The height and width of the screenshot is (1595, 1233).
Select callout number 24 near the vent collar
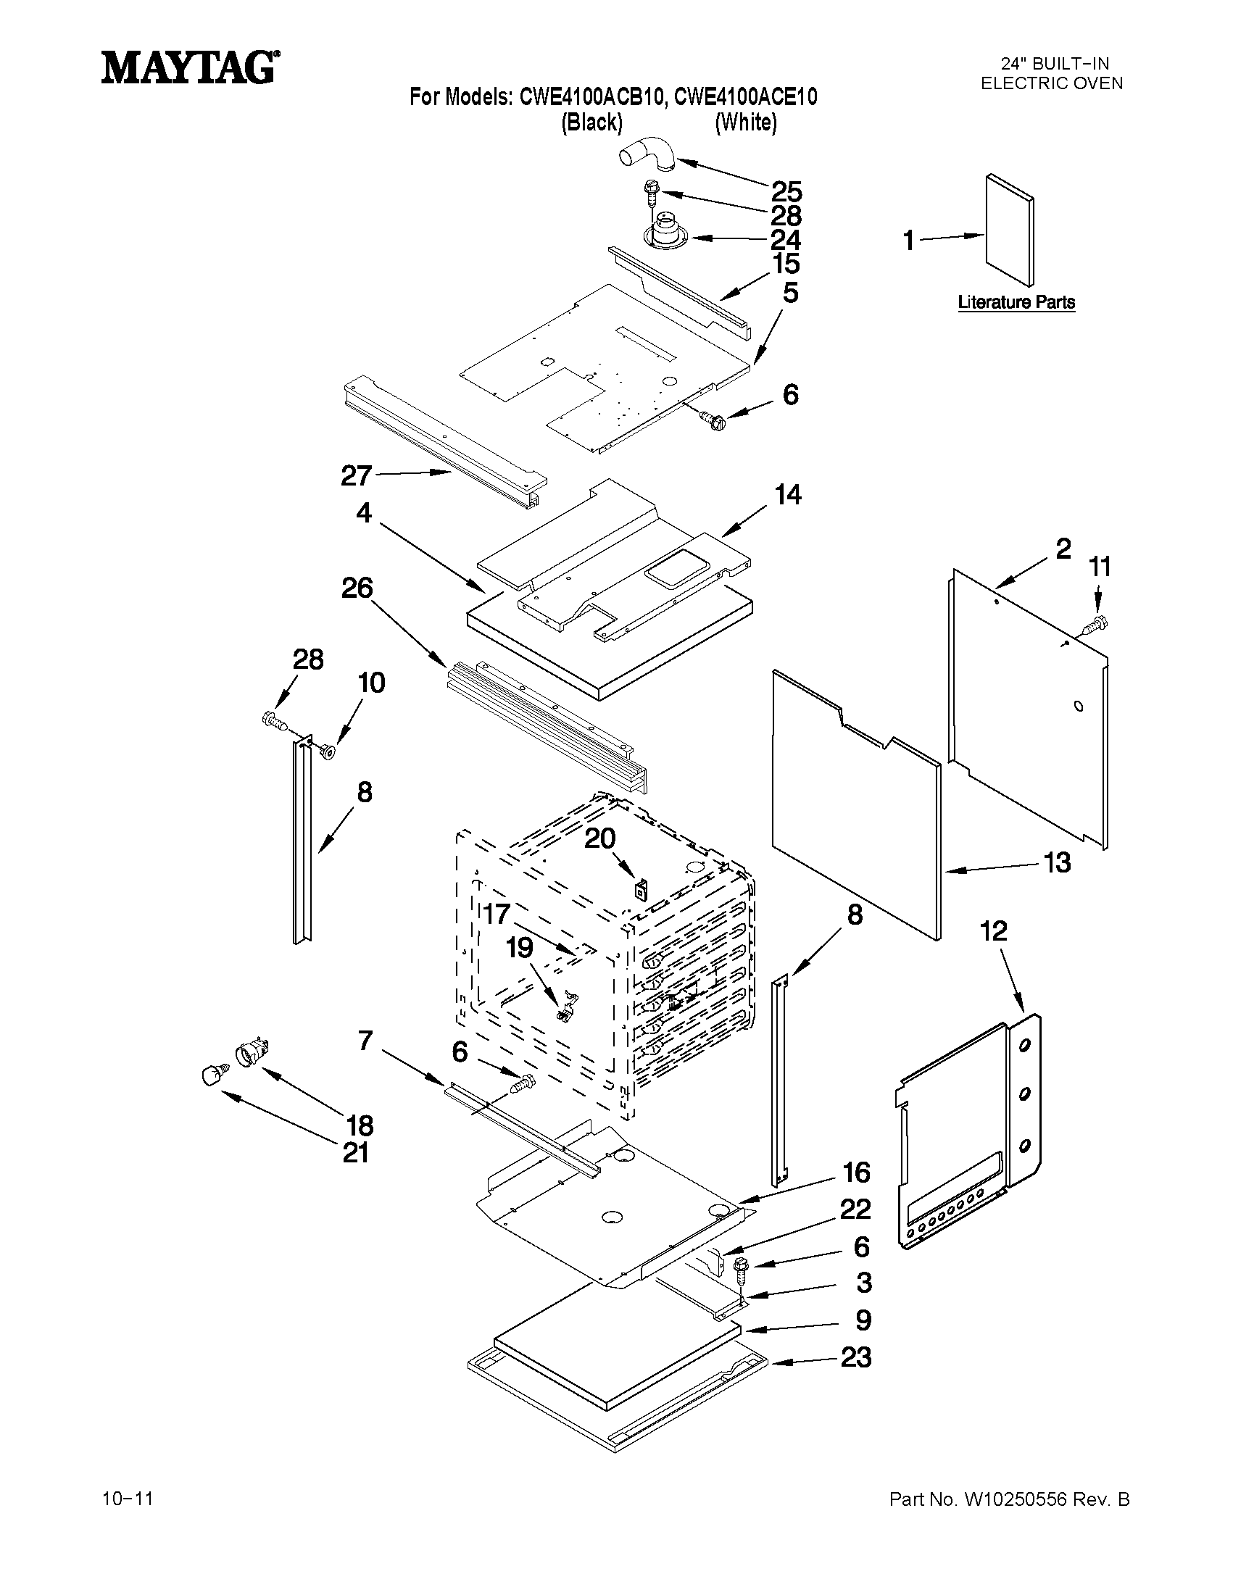[x=786, y=240]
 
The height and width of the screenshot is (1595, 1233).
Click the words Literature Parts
[x=1016, y=302]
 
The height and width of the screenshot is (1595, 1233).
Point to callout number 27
[x=357, y=476]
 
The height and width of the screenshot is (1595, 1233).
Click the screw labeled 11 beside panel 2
[x=1095, y=625]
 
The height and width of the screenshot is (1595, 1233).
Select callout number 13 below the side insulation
[x=1056, y=862]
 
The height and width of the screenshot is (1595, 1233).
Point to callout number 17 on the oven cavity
[x=497, y=914]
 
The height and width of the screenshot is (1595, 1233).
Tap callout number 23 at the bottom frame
[x=856, y=1357]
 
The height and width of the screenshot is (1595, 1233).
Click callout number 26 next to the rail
[x=357, y=588]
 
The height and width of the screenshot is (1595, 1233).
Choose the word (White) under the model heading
[x=745, y=122]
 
